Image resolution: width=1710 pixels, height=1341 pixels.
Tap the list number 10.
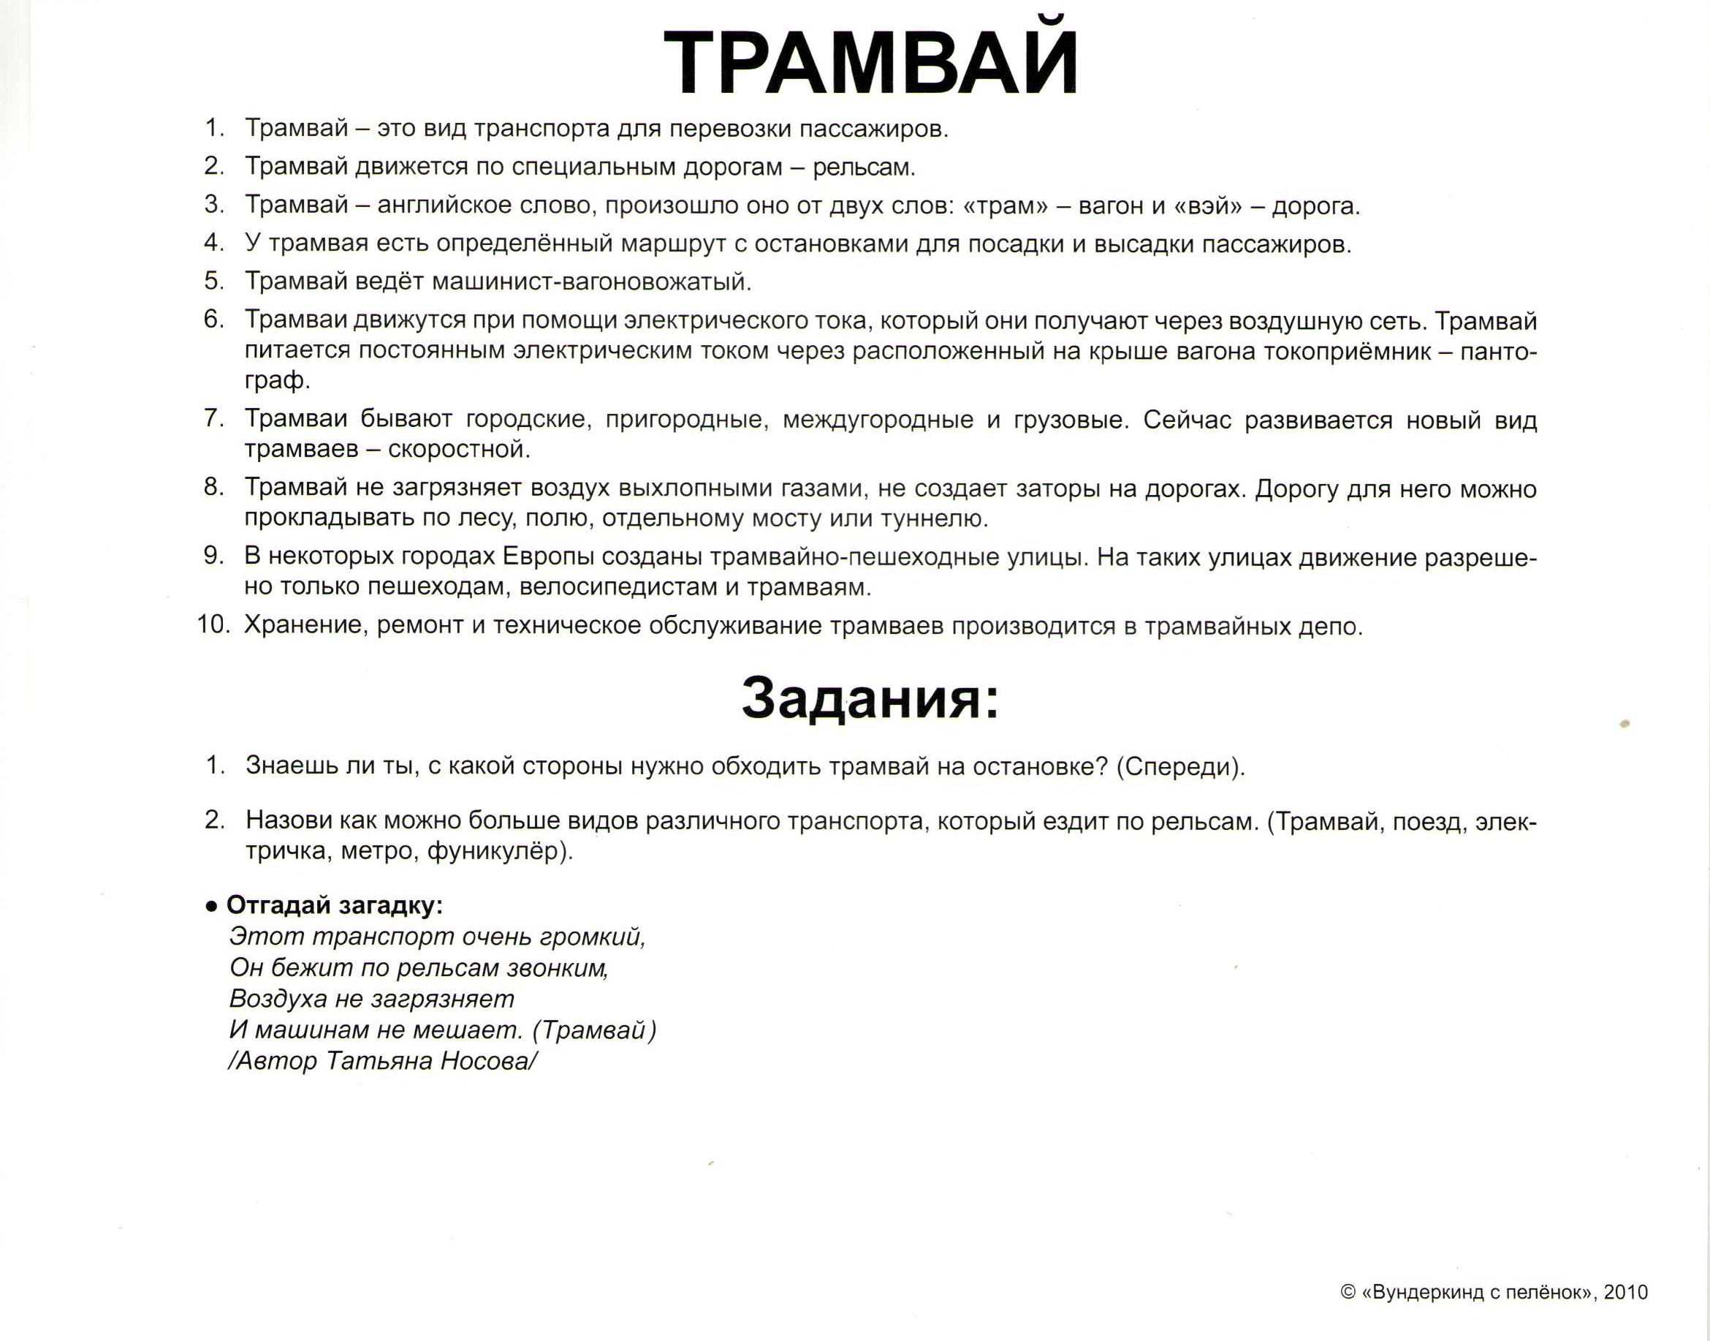click(213, 626)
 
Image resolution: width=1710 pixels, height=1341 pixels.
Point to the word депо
click(1329, 627)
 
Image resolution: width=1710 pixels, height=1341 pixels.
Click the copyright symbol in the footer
click(1348, 1292)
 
